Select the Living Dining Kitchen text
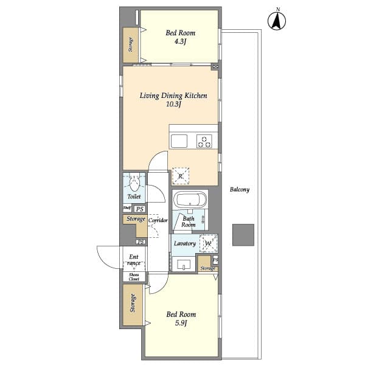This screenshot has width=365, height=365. (x=173, y=96)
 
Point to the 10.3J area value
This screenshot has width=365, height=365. (x=174, y=105)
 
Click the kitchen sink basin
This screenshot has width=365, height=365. (x=180, y=141)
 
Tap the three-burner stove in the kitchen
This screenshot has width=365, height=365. (x=204, y=141)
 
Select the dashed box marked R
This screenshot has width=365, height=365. (x=180, y=176)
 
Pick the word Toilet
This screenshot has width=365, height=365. (x=134, y=197)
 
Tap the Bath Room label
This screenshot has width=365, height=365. (x=189, y=221)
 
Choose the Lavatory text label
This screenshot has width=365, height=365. (x=184, y=243)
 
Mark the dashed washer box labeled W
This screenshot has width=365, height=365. (x=208, y=243)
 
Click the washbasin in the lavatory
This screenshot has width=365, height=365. (x=183, y=264)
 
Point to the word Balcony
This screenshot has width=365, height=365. (x=240, y=190)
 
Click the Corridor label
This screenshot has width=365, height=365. (x=158, y=220)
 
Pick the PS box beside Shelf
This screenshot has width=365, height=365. (x=139, y=208)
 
